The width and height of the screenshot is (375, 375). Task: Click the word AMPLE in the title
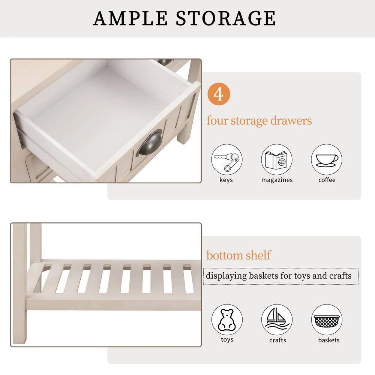coord(130,18)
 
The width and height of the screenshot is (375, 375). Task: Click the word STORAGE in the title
coord(226,18)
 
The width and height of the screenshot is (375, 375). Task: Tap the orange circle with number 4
coord(219,94)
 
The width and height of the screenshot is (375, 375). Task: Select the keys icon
coord(227,159)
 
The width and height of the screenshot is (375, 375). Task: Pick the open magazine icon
coord(277,159)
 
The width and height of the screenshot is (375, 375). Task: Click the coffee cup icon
coord(327,159)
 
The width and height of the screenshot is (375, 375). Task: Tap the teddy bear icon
coord(227,320)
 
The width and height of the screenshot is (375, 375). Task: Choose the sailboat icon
coord(277,320)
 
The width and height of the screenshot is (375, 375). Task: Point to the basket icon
coord(327,320)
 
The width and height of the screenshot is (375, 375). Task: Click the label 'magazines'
coord(277,180)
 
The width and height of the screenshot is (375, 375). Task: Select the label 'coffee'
coord(327,180)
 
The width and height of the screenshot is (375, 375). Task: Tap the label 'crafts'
coord(277,340)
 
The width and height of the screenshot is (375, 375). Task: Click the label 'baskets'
coord(328,340)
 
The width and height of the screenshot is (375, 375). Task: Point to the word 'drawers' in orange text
coord(291,120)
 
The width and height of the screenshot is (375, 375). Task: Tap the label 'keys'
coord(226,180)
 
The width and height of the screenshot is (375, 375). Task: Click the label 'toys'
coord(227,340)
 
